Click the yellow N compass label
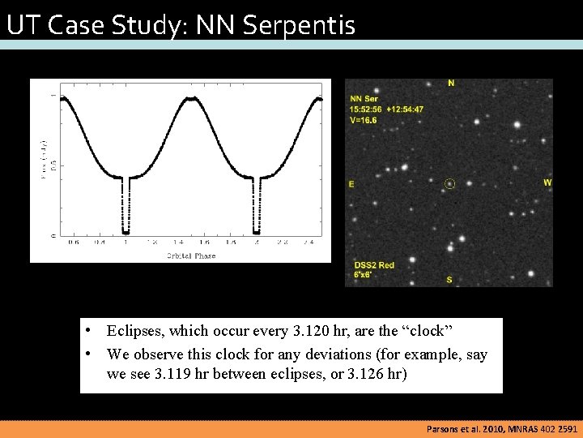(451, 83)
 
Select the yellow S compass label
(449, 280)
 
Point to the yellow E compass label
(351, 185)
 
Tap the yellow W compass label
(547, 182)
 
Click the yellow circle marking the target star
(450, 184)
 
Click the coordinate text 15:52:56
(367, 109)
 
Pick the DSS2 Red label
(374, 265)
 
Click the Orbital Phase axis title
(191, 255)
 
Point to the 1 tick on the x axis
(126, 243)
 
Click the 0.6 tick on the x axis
(74, 243)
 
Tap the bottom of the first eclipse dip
(126, 231)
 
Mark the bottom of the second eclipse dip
(256, 231)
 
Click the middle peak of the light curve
(192, 99)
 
